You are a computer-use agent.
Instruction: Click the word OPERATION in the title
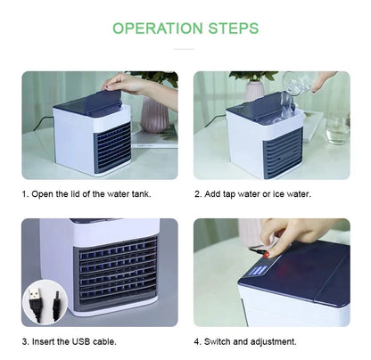pyautogui.click(x=158, y=29)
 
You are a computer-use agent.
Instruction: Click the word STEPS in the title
pyautogui.click(x=234, y=29)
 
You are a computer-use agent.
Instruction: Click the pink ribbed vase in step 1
pyautogui.click(x=154, y=114)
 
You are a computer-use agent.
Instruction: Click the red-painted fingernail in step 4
pyautogui.click(x=267, y=255)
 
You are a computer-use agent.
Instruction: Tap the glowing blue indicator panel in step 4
pyautogui.click(x=257, y=272)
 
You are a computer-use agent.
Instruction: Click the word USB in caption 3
pyautogui.click(x=81, y=341)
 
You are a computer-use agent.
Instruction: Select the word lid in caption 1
pyautogui.click(x=75, y=194)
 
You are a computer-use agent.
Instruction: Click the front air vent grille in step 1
pyautogui.click(x=113, y=149)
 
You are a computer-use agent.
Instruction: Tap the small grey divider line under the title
pyautogui.click(x=184, y=49)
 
